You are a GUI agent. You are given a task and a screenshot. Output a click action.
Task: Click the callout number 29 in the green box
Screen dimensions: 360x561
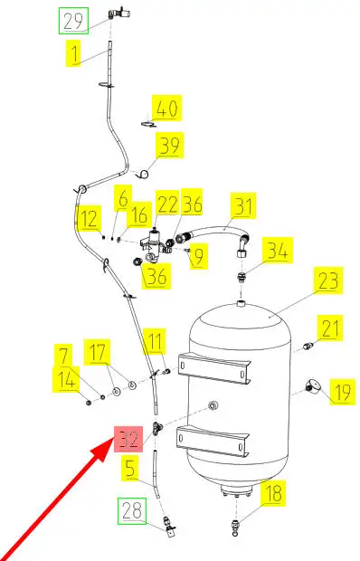click(x=73, y=22)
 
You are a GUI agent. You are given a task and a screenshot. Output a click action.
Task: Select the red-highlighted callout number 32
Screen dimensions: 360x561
click(x=128, y=440)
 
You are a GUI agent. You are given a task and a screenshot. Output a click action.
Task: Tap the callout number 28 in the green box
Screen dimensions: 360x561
click(x=132, y=511)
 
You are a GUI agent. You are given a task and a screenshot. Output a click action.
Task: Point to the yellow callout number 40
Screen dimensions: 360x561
click(x=167, y=108)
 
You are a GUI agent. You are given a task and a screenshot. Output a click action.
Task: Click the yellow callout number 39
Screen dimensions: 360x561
click(x=169, y=146)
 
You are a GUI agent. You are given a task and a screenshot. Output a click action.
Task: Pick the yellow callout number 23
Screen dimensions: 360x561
click(x=328, y=280)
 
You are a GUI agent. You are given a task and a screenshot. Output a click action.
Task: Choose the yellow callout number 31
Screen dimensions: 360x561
click(x=243, y=205)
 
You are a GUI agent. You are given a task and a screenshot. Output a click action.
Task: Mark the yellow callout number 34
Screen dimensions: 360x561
click(x=278, y=250)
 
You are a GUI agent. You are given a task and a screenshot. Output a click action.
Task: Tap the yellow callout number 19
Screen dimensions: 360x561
click(x=342, y=392)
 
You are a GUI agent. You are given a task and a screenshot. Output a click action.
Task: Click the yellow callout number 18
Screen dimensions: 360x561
click(x=273, y=493)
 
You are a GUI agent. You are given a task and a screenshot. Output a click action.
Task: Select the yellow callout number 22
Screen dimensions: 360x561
click(x=167, y=204)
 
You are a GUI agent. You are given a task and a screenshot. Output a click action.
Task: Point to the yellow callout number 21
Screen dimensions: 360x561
click(x=330, y=328)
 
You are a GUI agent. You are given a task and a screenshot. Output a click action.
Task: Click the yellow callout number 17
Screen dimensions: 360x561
click(x=98, y=352)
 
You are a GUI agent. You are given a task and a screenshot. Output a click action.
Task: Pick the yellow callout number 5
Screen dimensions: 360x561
click(x=130, y=468)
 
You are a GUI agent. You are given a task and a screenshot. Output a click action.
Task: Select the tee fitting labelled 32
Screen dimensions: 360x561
click(x=156, y=428)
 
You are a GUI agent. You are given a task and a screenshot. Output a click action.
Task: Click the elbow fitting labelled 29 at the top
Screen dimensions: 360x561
click(x=118, y=14)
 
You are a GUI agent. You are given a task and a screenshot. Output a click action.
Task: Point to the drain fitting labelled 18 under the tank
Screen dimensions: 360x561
click(x=236, y=528)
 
